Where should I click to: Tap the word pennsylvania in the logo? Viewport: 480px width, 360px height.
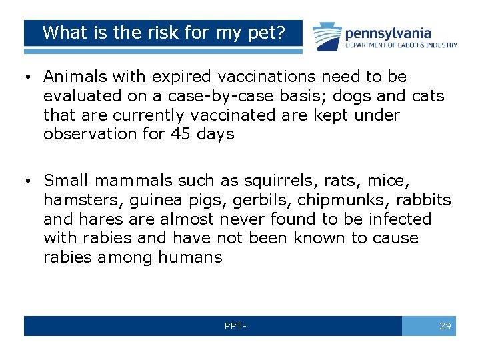tap(387, 33)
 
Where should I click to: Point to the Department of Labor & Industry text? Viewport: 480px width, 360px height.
tap(401, 45)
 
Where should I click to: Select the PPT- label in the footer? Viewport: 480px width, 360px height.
tap(235, 327)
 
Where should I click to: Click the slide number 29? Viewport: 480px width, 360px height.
tap(445, 326)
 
